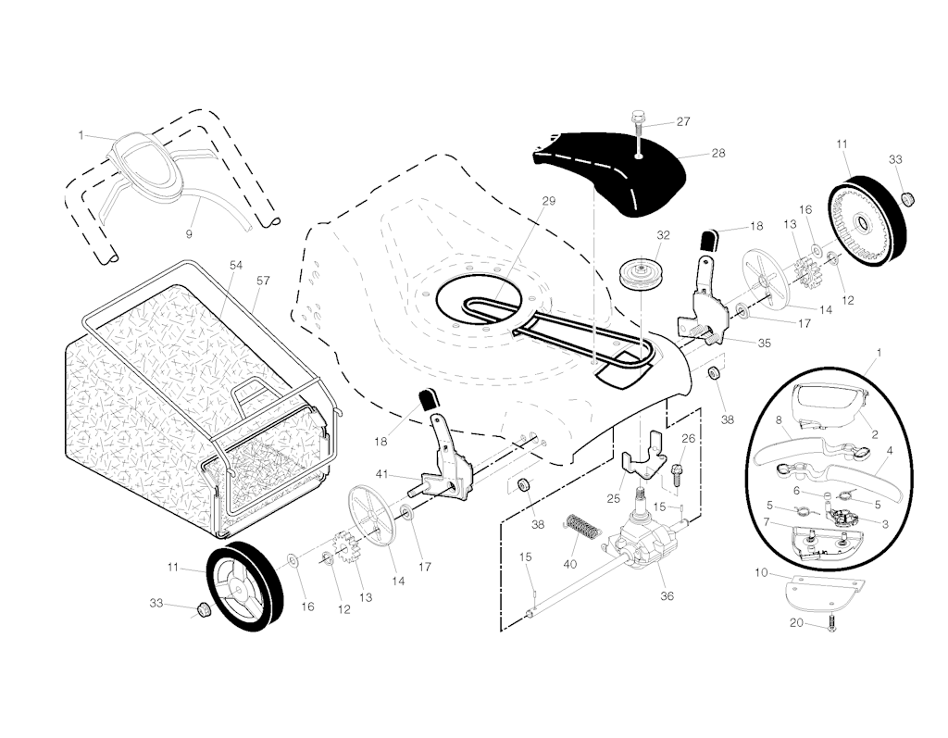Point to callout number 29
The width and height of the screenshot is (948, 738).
tap(549, 201)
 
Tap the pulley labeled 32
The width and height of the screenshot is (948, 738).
tap(637, 274)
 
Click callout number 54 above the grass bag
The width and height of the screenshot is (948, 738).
tap(236, 265)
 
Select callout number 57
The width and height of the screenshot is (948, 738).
tap(263, 280)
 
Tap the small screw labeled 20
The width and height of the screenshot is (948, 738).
tap(830, 625)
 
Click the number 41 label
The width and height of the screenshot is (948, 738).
tap(380, 474)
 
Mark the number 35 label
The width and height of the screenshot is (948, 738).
tap(764, 343)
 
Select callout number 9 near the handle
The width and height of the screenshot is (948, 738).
tap(189, 233)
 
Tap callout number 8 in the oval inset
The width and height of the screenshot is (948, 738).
tap(780, 419)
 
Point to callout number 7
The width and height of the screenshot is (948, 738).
tap(767, 522)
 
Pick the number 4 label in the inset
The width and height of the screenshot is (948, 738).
tap(889, 450)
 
